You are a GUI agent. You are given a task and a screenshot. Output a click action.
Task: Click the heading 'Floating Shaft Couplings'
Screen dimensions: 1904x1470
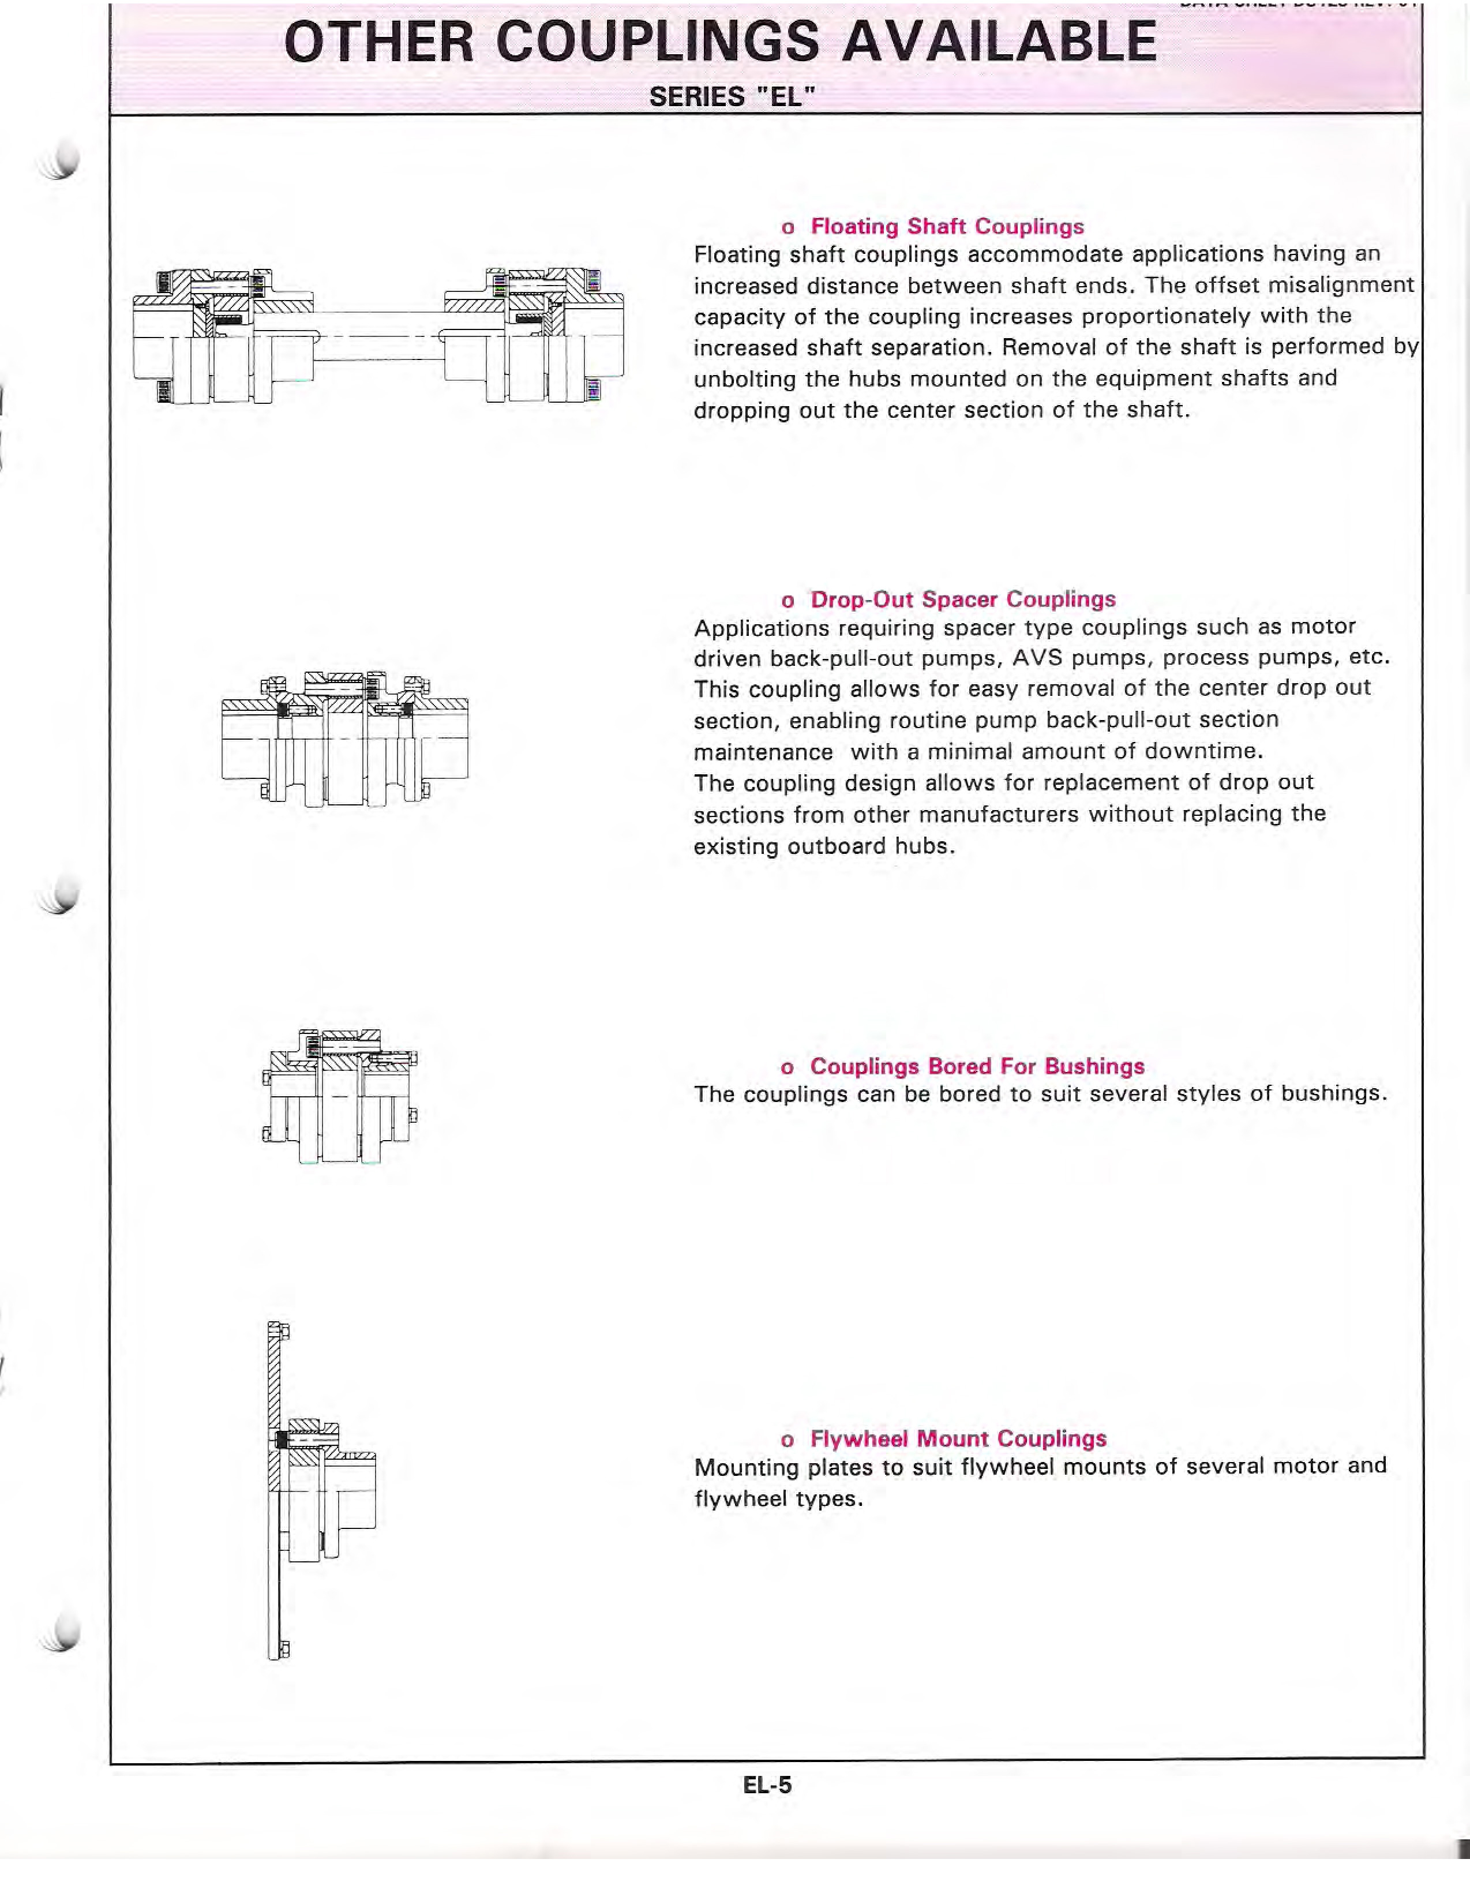click(947, 227)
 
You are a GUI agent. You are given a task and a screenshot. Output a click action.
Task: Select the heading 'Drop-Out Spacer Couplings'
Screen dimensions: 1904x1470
click(962, 600)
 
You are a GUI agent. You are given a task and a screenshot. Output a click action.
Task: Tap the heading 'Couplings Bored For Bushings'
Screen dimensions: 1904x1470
click(977, 1066)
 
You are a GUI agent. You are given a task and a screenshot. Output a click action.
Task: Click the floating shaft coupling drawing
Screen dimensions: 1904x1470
click(378, 336)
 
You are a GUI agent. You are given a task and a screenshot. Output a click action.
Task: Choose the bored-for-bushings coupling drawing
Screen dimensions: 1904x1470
click(340, 1096)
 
